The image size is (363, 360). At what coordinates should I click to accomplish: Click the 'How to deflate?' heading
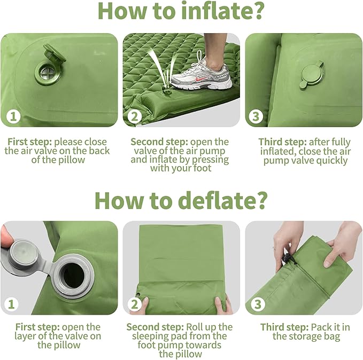pos(180,200)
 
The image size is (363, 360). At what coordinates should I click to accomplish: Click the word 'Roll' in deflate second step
pos(195,327)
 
